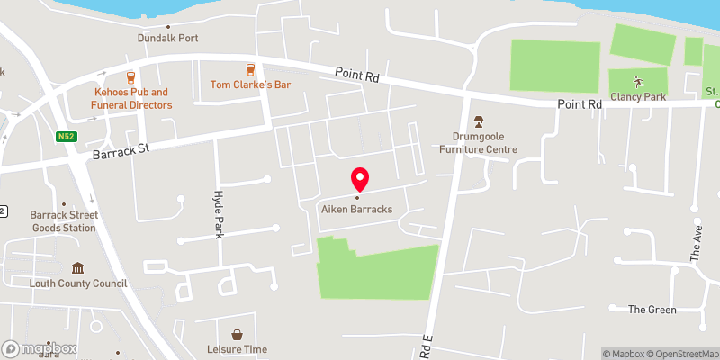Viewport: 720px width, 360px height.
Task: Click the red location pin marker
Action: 359,179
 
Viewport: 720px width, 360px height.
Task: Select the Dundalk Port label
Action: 167,39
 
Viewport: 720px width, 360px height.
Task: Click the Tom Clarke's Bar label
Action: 251,85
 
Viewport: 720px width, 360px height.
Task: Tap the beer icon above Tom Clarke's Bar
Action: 251,69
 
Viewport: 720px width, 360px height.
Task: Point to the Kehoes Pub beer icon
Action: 131,76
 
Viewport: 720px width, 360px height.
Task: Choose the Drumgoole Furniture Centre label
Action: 478,142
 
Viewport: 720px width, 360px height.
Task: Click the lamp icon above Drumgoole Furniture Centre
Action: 478,121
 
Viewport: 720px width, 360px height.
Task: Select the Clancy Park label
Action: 637,96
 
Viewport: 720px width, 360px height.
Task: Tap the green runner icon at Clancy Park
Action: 637,80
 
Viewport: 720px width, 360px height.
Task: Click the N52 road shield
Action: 64,137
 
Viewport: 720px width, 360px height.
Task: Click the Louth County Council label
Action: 77,283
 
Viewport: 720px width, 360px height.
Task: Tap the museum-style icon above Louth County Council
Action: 77,268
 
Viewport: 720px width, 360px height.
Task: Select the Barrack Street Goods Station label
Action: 63,221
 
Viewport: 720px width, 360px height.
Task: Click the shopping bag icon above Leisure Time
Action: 237,334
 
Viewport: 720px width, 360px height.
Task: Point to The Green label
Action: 652,310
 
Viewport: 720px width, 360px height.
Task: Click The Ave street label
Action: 696,244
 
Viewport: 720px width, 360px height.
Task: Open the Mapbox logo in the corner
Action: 40,348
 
